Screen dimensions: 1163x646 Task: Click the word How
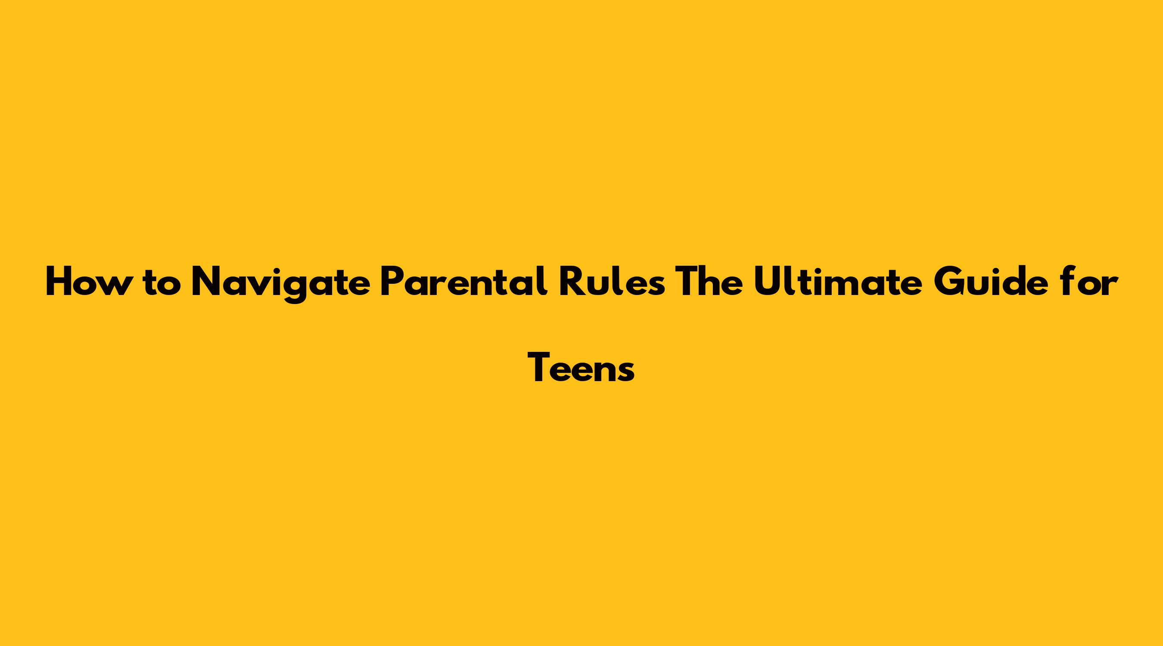tap(86, 281)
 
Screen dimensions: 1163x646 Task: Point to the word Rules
tap(612, 281)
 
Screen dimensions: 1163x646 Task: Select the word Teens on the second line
tap(581, 367)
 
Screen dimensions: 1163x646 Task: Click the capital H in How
tap(59, 281)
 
